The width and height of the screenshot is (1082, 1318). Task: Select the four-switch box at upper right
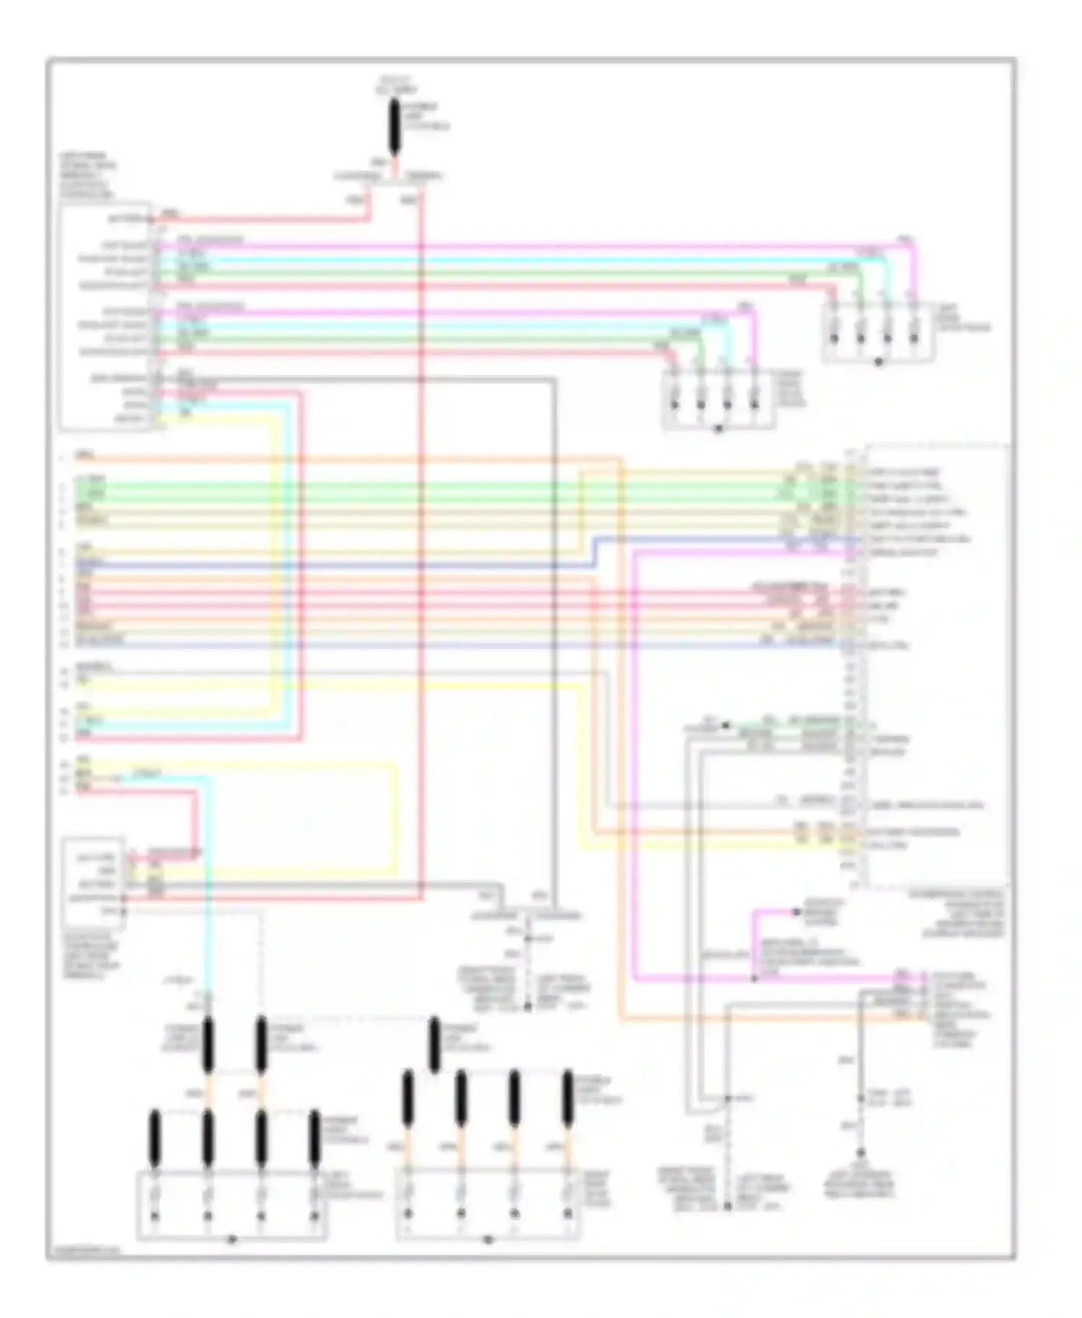(x=877, y=331)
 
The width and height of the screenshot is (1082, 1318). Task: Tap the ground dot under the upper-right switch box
(x=878, y=362)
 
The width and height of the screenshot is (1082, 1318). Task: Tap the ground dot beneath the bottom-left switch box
(x=232, y=1240)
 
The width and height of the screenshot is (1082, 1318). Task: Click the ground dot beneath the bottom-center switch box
(x=488, y=1240)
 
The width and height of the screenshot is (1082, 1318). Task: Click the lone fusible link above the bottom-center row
(x=434, y=1044)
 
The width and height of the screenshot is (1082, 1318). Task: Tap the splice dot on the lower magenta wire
(x=755, y=979)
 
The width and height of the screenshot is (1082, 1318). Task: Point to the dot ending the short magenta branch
(x=797, y=911)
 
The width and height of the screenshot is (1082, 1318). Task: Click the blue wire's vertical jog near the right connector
(x=595, y=552)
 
